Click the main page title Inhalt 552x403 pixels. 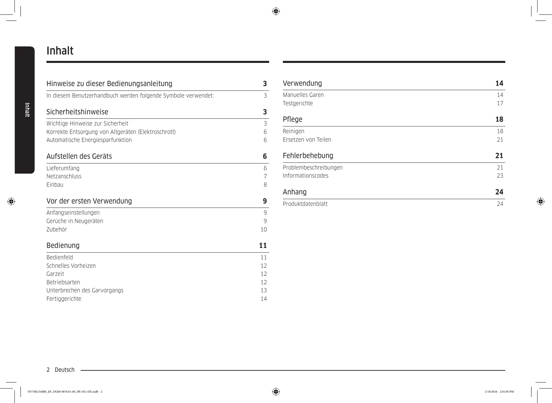[x=60, y=51]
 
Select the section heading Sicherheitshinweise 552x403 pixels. [x=77, y=112]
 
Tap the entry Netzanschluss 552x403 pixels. [x=64, y=176]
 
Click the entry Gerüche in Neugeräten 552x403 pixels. [x=75, y=221]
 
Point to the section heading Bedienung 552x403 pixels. [x=63, y=246]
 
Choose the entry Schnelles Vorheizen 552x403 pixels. [x=71, y=266]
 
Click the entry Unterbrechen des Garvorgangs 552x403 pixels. [x=85, y=290]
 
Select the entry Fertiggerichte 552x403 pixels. [x=64, y=299]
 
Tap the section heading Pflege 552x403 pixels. [x=293, y=119]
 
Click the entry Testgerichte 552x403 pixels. [x=298, y=103]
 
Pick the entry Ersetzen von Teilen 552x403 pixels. [x=307, y=140]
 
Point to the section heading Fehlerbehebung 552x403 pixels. [x=308, y=156]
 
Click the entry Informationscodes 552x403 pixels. [x=305, y=176]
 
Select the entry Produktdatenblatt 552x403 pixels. [x=305, y=204]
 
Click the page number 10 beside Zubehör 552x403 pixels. [x=264, y=229]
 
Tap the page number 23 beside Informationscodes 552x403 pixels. [x=500, y=176]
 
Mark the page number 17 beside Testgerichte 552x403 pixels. [x=500, y=103]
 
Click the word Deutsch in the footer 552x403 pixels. [x=65, y=370]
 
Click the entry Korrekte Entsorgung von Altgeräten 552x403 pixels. [x=111, y=132]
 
